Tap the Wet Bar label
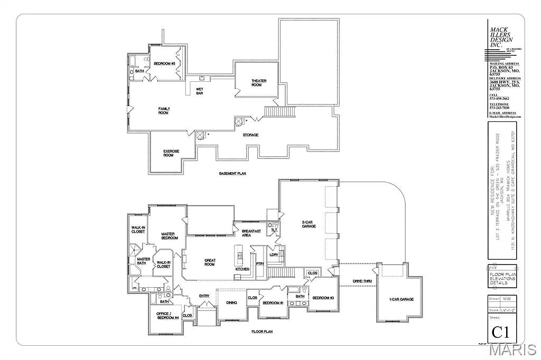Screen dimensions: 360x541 pyautogui.click(x=200, y=91)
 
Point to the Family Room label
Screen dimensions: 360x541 pyautogui.click(x=164, y=111)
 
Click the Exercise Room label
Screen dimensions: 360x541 pyautogui.click(x=171, y=154)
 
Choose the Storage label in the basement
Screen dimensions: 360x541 pyautogui.click(x=250, y=135)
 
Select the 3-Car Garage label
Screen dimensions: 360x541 pyautogui.click(x=309, y=224)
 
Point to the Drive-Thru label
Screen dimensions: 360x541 pyautogui.click(x=362, y=281)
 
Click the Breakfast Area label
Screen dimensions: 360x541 pyautogui.click(x=251, y=233)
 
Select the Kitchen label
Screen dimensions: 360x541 pyautogui.click(x=242, y=269)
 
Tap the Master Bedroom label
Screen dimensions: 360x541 pyautogui.click(x=169, y=236)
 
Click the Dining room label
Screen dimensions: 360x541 pyautogui.click(x=231, y=302)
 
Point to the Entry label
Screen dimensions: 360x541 pyautogui.click(x=204, y=296)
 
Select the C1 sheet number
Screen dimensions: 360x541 pyautogui.click(x=500, y=333)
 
